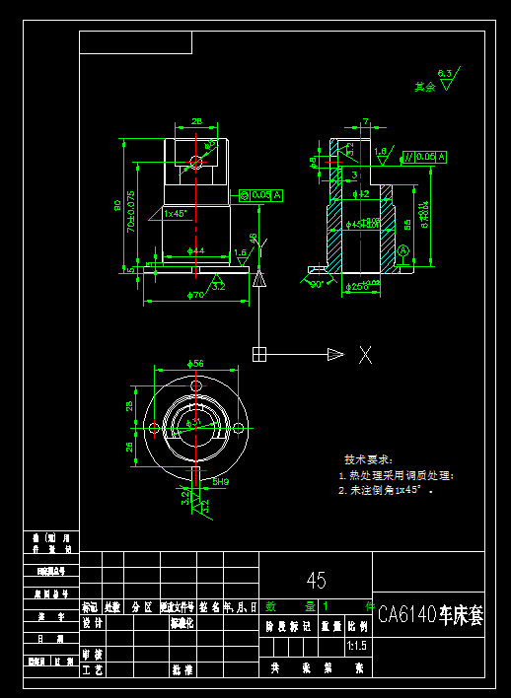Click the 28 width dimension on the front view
pyautogui.click(x=196, y=121)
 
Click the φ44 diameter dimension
pyautogui.click(x=195, y=251)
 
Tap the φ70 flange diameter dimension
pyautogui.click(x=195, y=295)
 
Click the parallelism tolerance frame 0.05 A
pyautogui.click(x=424, y=157)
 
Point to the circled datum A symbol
pyautogui.click(x=402, y=252)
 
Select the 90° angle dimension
pyautogui.click(x=318, y=284)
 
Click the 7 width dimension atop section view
pyautogui.click(x=365, y=121)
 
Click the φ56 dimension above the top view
pyautogui.click(x=195, y=364)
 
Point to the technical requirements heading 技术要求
pyautogui.click(x=368, y=459)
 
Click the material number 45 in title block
pyautogui.click(x=316, y=580)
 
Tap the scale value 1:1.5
pyautogui.click(x=356, y=647)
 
